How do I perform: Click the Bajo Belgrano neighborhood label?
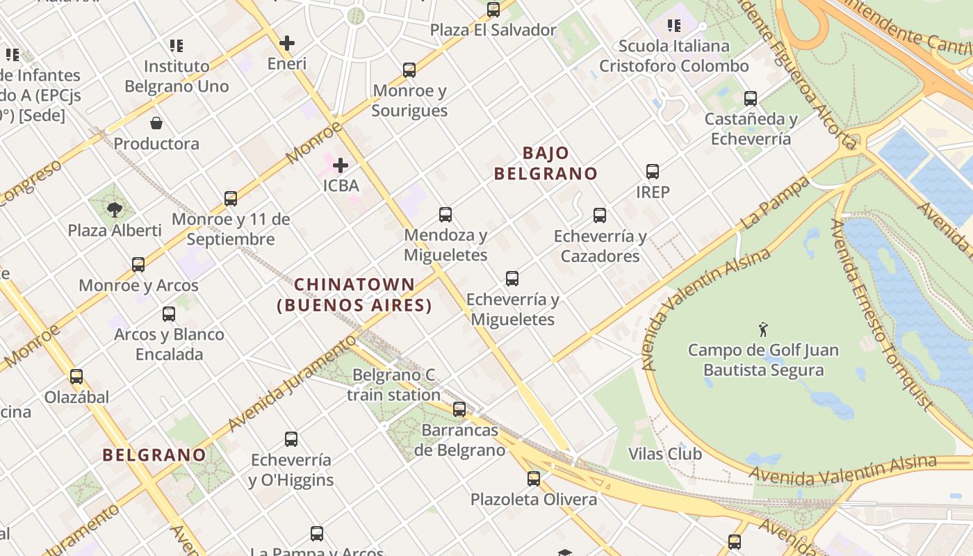click(546, 163)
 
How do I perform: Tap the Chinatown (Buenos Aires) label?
click(354, 295)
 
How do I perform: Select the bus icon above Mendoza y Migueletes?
click(445, 215)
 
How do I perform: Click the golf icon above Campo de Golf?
click(763, 329)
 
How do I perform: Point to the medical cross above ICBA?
click(341, 165)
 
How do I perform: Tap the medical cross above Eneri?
click(286, 43)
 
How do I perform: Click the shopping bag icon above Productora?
click(156, 124)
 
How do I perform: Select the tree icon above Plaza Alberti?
click(115, 209)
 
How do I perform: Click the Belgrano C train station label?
click(394, 385)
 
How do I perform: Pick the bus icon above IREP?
click(653, 172)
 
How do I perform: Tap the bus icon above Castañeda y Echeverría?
click(751, 99)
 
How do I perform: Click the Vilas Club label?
click(665, 454)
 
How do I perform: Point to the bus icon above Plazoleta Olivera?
click(534, 479)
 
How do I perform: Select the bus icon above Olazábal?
click(76, 377)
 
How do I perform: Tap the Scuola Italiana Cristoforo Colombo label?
click(673, 56)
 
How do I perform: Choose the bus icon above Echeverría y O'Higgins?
click(291, 439)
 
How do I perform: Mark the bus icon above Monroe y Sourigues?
click(409, 70)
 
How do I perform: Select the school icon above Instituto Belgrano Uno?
click(177, 46)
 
